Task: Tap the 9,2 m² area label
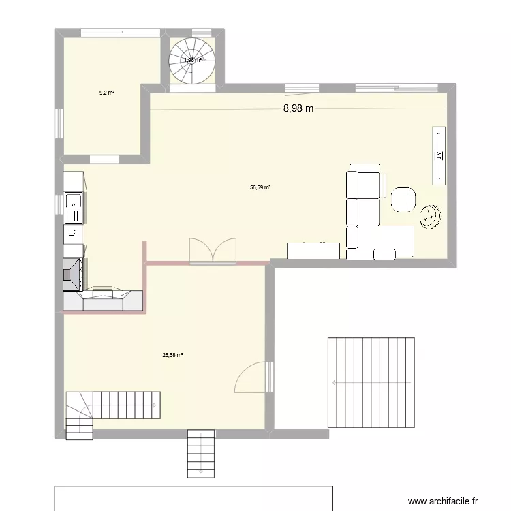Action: point(106,93)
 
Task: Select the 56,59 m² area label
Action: point(260,187)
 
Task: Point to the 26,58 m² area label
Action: point(173,354)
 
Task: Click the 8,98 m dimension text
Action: point(298,108)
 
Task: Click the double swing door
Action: point(213,249)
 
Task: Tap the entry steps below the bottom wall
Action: point(200,453)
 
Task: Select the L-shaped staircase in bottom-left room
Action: point(109,409)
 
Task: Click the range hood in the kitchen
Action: point(74,273)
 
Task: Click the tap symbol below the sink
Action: point(74,233)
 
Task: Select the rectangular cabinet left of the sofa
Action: point(313,251)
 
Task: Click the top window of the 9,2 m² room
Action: point(120,31)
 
